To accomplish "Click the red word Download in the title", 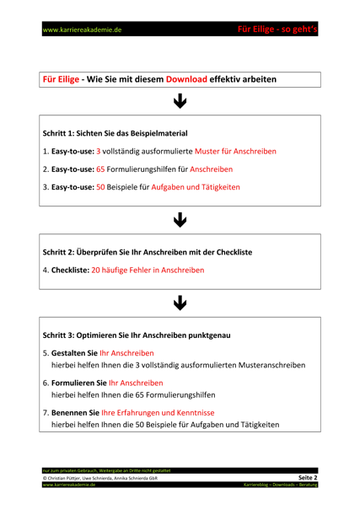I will click(186, 79).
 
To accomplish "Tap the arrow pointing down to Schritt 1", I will click(180, 102).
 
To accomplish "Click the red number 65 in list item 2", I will click(101, 169).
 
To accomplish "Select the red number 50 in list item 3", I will click(101, 187).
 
